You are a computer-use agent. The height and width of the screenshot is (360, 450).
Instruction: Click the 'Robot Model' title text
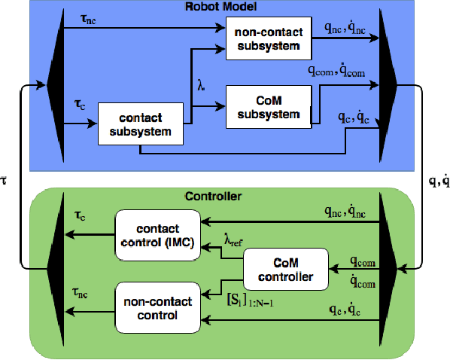coord(223,7)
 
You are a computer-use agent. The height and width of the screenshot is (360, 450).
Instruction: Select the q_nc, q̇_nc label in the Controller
coord(346,212)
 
